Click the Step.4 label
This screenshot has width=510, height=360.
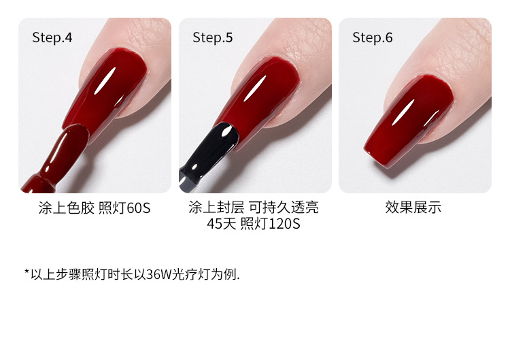click(52, 37)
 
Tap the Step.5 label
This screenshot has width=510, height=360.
click(213, 37)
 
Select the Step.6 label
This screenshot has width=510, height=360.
click(373, 37)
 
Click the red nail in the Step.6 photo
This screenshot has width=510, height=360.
click(409, 121)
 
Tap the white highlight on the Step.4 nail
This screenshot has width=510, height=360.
click(105, 81)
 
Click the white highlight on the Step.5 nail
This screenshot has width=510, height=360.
click(255, 88)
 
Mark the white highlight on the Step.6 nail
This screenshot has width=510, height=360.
click(403, 112)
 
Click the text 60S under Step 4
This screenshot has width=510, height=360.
click(139, 208)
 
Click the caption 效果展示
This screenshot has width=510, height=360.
click(413, 208)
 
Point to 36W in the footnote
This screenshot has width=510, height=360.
click(158, 274)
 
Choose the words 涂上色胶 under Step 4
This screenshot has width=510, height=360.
click(67, 208)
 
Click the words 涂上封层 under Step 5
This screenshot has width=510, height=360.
click(216, 208)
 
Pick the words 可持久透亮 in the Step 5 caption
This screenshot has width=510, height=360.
click(284, 208)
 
